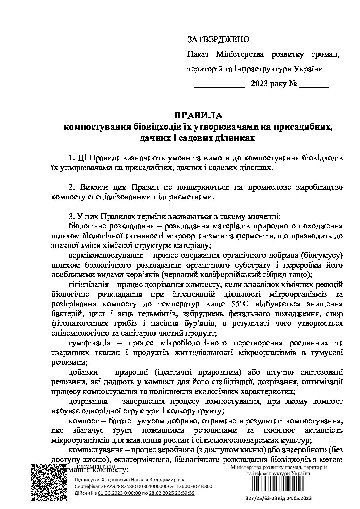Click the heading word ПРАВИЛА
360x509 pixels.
coord(198,115)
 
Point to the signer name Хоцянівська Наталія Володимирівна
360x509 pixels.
coord(144,480)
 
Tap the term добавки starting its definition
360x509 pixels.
coord(82,372)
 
